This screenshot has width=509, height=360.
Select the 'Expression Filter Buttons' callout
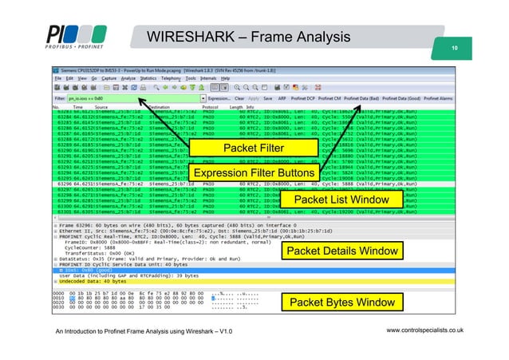click(254, 173)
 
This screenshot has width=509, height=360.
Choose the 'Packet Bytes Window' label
click(341, 303)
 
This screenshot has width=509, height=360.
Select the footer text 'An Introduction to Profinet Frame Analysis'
click(144, 330)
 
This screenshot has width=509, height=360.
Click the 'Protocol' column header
click(211, 106)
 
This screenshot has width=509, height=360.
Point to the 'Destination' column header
click(159, 106)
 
